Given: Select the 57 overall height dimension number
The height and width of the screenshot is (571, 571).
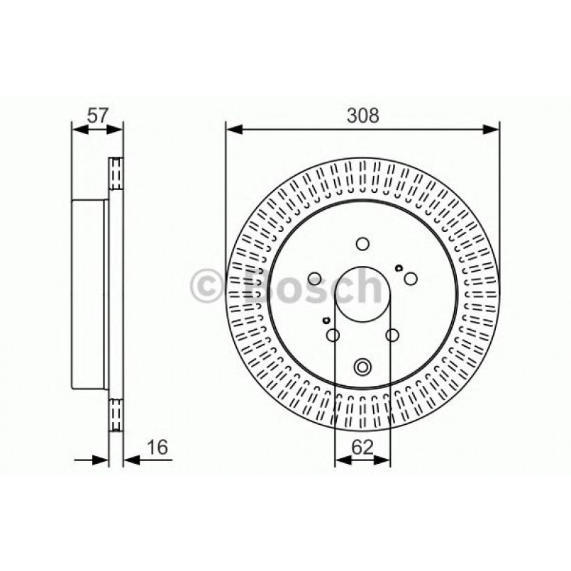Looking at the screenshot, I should pos(98,113).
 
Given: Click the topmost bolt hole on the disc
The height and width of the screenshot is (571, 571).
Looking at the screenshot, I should pos(362,243).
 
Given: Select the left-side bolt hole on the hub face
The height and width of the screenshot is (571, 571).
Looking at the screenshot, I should pos(316,279).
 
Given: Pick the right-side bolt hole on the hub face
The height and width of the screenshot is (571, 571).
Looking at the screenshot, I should pos(410,279).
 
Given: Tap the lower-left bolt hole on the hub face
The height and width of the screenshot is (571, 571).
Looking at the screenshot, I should pos(333,335).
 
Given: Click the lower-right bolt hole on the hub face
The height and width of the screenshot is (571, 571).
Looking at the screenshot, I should pos(392,335).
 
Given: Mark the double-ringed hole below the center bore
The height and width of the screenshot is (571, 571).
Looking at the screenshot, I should pos(362,366).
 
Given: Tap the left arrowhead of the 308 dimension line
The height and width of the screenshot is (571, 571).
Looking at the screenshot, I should pos(231,129).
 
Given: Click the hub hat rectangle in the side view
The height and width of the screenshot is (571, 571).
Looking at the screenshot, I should pos(90,293).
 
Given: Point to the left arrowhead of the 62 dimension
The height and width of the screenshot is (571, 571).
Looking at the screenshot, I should pos(339,461).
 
